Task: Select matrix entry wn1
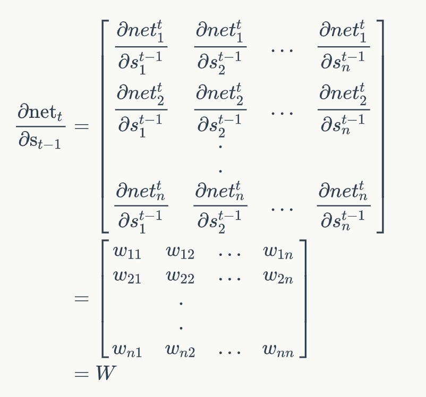point(127,350)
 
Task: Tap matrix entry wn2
point(180,350)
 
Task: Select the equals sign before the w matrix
point(81,299)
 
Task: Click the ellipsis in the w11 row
point(229,253)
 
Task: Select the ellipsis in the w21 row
point(229,277)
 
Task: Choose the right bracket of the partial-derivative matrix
point(379,126)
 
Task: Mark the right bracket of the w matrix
point(303,299)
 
